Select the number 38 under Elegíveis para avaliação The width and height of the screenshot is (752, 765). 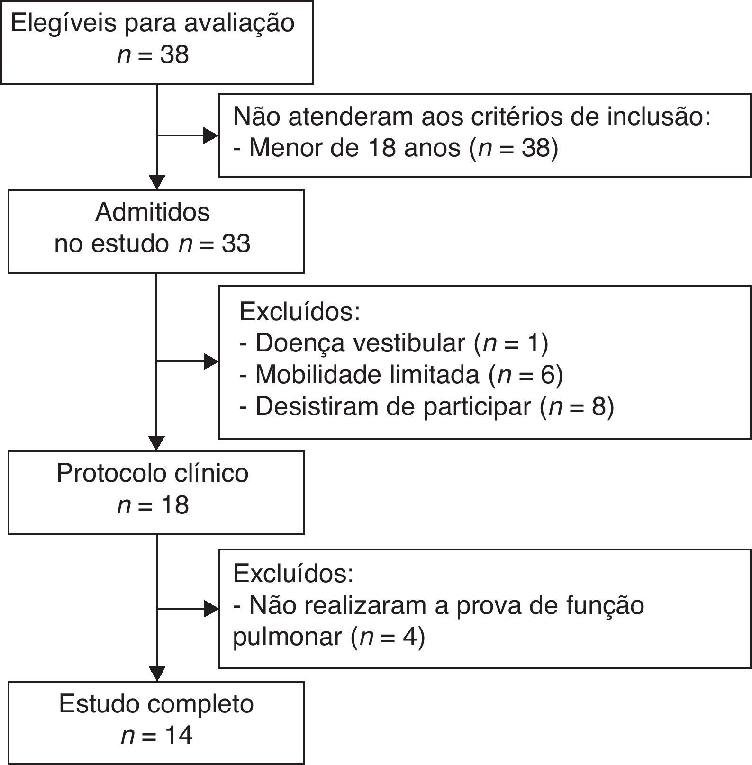(x=174, y=55)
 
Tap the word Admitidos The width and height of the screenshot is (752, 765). (x=153, y=212)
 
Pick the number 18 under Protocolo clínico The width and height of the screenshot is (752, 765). (x=174, y=505)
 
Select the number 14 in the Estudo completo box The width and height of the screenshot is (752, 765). (x=178, y=736)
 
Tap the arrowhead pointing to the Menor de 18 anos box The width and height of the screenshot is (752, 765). (x=210, y=136)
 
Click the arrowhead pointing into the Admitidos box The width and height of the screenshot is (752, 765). (x=156, y=182)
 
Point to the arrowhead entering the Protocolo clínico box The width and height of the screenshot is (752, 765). (x=156, y=443)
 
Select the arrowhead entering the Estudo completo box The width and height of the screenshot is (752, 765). (x=156, y=674)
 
